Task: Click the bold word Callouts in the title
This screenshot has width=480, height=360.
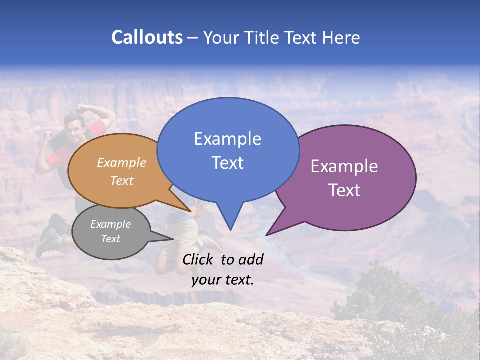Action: click(147, 37)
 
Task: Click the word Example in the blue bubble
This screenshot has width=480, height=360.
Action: click(227, 138)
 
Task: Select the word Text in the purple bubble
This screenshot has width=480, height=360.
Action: click(344, 190)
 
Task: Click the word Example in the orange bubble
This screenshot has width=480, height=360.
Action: click(122, 162)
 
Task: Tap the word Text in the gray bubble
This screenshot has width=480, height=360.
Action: click(110, 239)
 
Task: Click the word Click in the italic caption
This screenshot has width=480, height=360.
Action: click(199, 259)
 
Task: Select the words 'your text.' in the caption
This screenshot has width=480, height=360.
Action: click(222, 280)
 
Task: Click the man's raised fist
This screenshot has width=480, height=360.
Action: click(48, 135)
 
